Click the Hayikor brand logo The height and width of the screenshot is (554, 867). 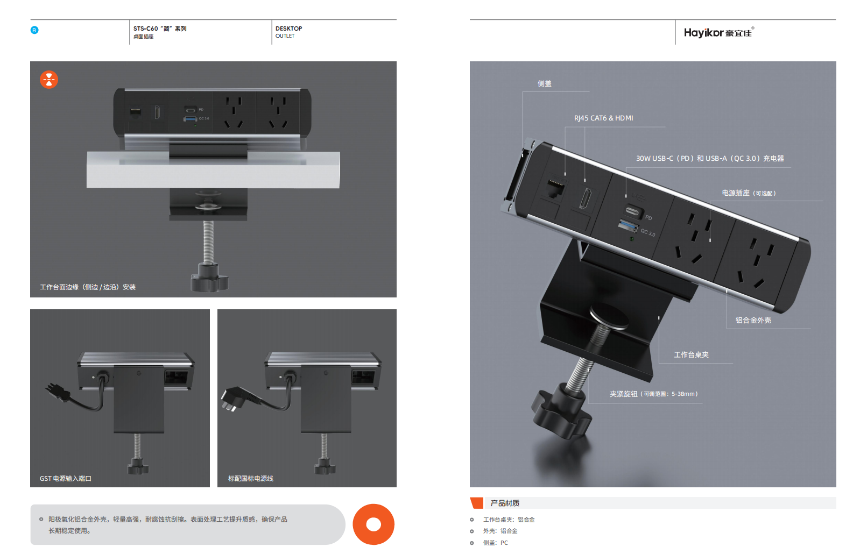(x=719, y=32)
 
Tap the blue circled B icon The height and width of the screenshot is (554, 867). (x=34, y=30)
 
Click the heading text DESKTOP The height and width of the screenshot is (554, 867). (x=289, y=29)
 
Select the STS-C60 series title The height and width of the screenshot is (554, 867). (x=160, y=29)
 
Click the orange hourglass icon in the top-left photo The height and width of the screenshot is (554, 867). (x=49, y=80)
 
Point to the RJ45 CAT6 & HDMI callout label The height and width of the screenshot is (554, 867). (x=603, y=118)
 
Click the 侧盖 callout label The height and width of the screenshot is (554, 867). (x=544, y=83)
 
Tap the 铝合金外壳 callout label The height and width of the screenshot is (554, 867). (x=753, y=321)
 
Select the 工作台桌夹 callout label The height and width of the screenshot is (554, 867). (x=691, y=355)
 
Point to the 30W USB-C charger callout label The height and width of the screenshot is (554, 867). (x=710, y=158)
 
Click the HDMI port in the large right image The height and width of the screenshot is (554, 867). (x=585, y=198)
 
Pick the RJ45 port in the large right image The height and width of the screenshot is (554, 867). (x=555, y=189)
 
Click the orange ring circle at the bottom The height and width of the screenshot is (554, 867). (x=373, y=524)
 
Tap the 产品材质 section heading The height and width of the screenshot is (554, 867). (x=505, y=503)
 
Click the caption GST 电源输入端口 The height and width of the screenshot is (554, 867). (x=66, y=479)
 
